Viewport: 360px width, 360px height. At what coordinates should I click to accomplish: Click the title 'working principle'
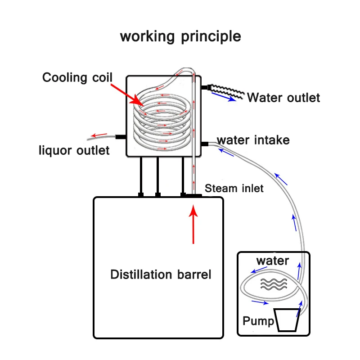pyautogui.click(x=180, y=36)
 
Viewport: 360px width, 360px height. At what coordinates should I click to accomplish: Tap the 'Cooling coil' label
pyautogui.click(x=76, y=77)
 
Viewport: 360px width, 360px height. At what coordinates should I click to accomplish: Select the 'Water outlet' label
pyautogui.click(x=283, y=97)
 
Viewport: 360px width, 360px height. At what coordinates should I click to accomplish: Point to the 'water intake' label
pyautogui.click(x=253, y=140)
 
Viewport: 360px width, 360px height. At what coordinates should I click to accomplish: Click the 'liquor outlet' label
pyautogui.click(x=74, y=150)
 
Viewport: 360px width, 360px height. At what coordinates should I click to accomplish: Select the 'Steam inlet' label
pyautogui.click(x=234, y=188)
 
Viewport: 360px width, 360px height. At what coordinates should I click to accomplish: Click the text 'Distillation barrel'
pyautogui.click(x=161, y=274)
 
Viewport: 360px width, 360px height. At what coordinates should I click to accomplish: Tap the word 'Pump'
pyautogui.click(x=258, y=321)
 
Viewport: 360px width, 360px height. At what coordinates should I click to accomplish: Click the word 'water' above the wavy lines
pyautogui.click(x=273, y=261)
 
